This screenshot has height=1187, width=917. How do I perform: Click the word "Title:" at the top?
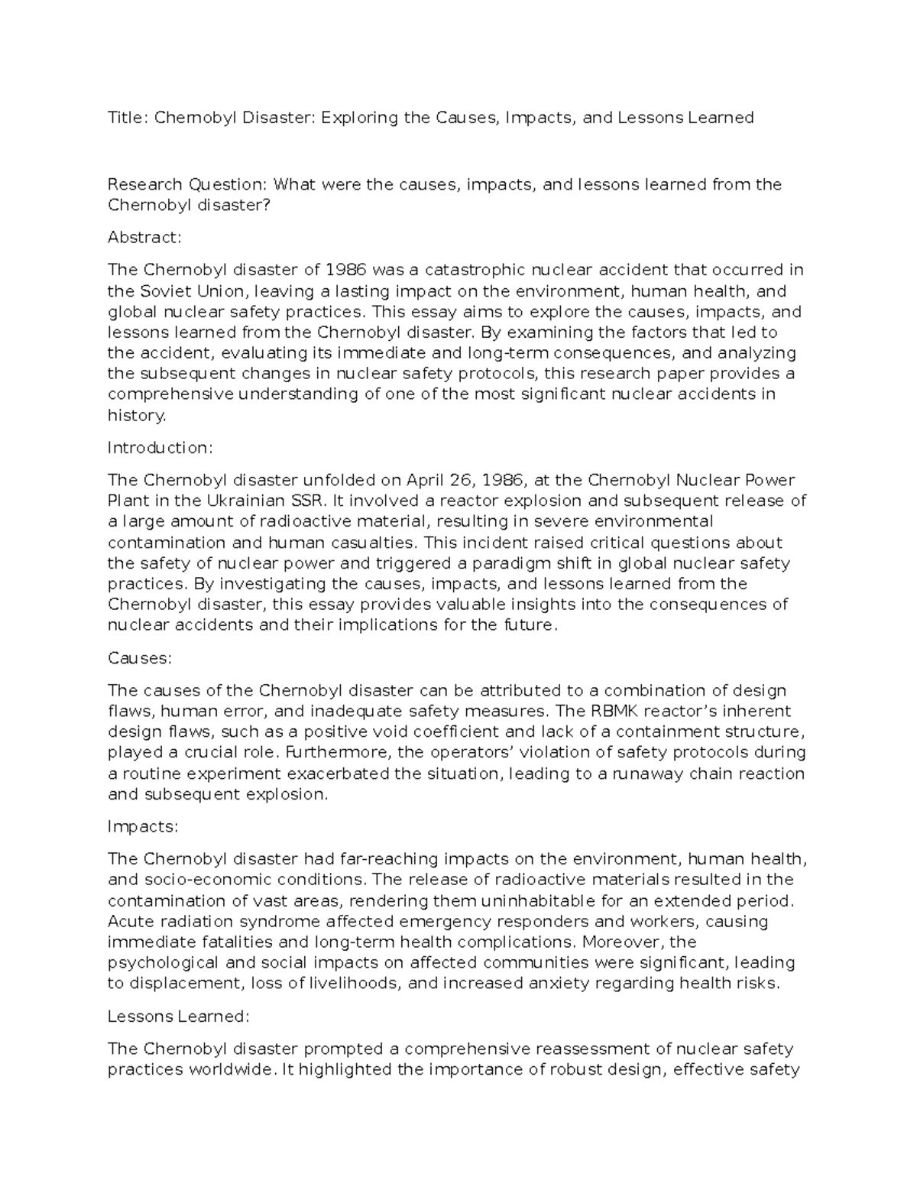[128, 117]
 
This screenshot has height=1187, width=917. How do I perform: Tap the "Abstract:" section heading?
[144, 237]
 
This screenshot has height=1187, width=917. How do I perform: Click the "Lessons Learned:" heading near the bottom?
[178, 1016]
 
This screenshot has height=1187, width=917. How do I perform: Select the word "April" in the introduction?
[426, 480]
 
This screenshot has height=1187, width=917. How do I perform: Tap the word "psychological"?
[163, 962]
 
